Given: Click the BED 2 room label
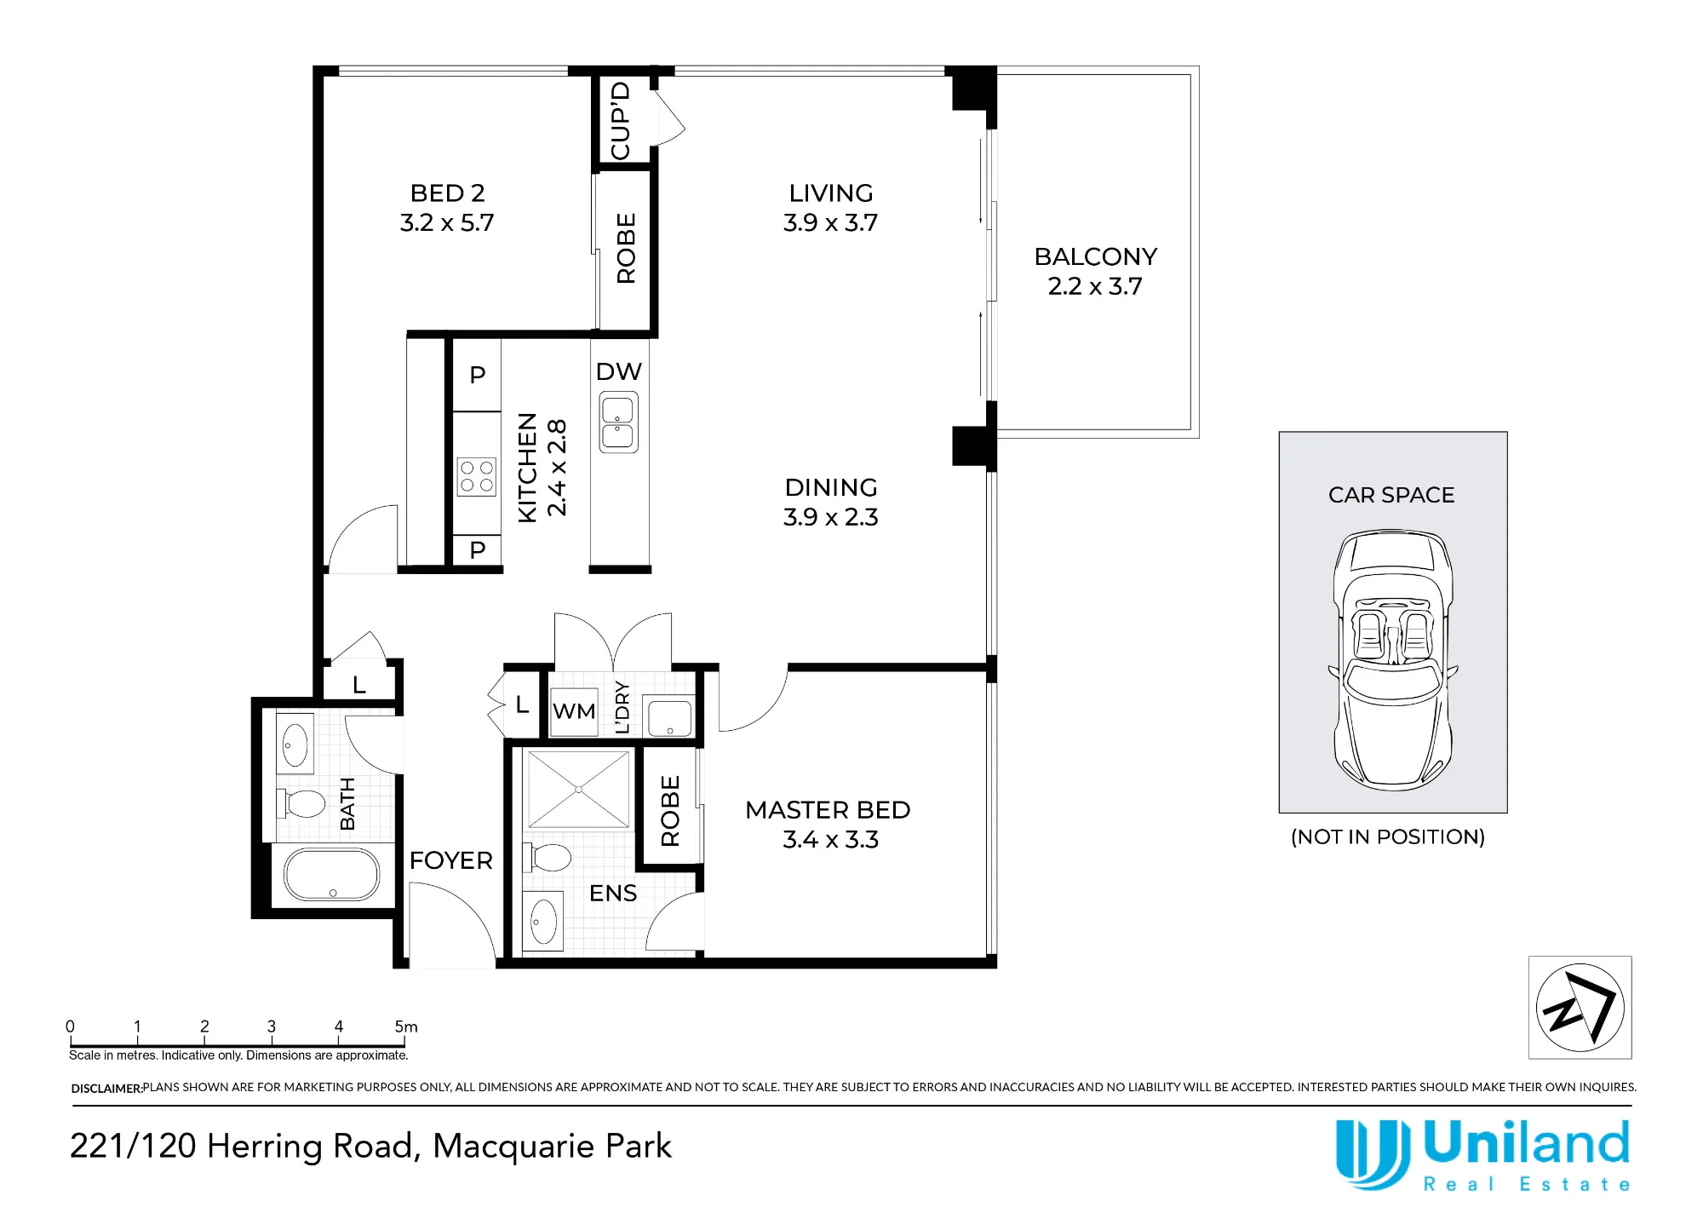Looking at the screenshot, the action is [447, 193].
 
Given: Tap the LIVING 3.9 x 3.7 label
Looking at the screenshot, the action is [830, 208].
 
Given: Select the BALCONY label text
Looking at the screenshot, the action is [1096, 256].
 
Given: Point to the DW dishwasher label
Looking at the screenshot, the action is [618, 371].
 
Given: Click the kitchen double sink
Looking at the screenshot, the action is [618, 422].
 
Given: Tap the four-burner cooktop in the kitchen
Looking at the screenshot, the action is [477, 477].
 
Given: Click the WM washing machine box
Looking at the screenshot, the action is [574, 710].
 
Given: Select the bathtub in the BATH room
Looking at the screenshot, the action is [331, 875].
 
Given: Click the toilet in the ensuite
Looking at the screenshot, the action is [547, 857].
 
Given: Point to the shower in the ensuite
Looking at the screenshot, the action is [579, 790].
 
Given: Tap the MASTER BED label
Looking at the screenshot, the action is [828, 810].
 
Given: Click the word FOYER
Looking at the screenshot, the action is [450, 860].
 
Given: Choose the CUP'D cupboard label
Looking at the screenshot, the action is [621, 120].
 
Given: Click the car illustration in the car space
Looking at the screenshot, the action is [1392, 659].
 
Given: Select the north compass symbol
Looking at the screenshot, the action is [1580, 1008].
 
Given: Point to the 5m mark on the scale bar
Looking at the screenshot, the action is [406, 1027].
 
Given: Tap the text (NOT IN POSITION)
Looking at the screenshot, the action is [1388, 837].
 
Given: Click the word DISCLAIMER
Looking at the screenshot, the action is [106, 1089].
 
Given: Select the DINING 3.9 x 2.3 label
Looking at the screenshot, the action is [830, 502].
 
